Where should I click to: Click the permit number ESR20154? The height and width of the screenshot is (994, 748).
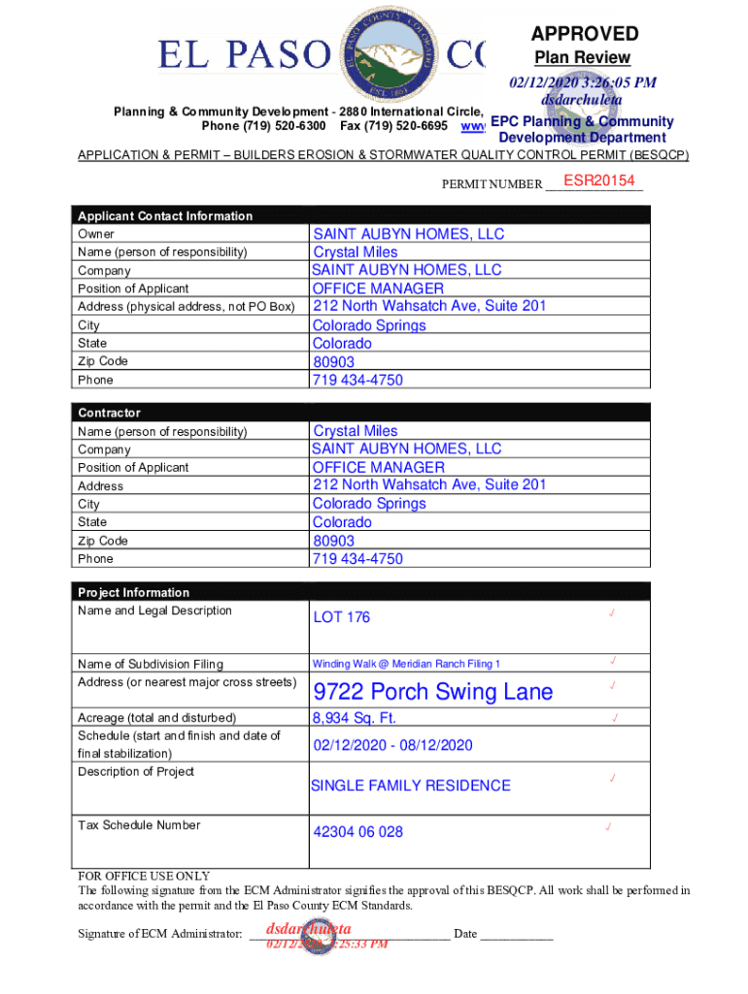tap(598, 182)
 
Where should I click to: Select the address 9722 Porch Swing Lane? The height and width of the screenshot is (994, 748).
tap(432, 692)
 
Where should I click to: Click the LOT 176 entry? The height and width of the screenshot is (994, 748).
tap(341, 617)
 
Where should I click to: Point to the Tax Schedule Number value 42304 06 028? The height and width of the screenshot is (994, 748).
tap(357, 832)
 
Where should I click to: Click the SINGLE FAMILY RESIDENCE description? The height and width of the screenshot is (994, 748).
tap(410, 785)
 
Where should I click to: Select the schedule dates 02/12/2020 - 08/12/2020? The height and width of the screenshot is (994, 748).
tap(392, 745)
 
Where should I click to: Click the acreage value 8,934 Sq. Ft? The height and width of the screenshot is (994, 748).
tap(354, 718)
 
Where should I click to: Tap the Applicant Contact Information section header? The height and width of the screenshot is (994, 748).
tap(165, 215)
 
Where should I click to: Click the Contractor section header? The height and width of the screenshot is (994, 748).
tap(109, 413)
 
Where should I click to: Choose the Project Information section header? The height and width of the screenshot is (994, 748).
tap(133, 592)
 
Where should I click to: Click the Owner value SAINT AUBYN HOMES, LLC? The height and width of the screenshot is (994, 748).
tap(408, 234)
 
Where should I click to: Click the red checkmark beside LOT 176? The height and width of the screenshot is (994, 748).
tap(612, 613)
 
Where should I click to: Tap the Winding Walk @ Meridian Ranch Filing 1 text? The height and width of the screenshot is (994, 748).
tap(406, 664)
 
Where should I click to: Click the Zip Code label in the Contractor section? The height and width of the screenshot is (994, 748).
tap(102, 541)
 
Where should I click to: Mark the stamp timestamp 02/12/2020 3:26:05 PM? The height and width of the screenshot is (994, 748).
tap(582, 83)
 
